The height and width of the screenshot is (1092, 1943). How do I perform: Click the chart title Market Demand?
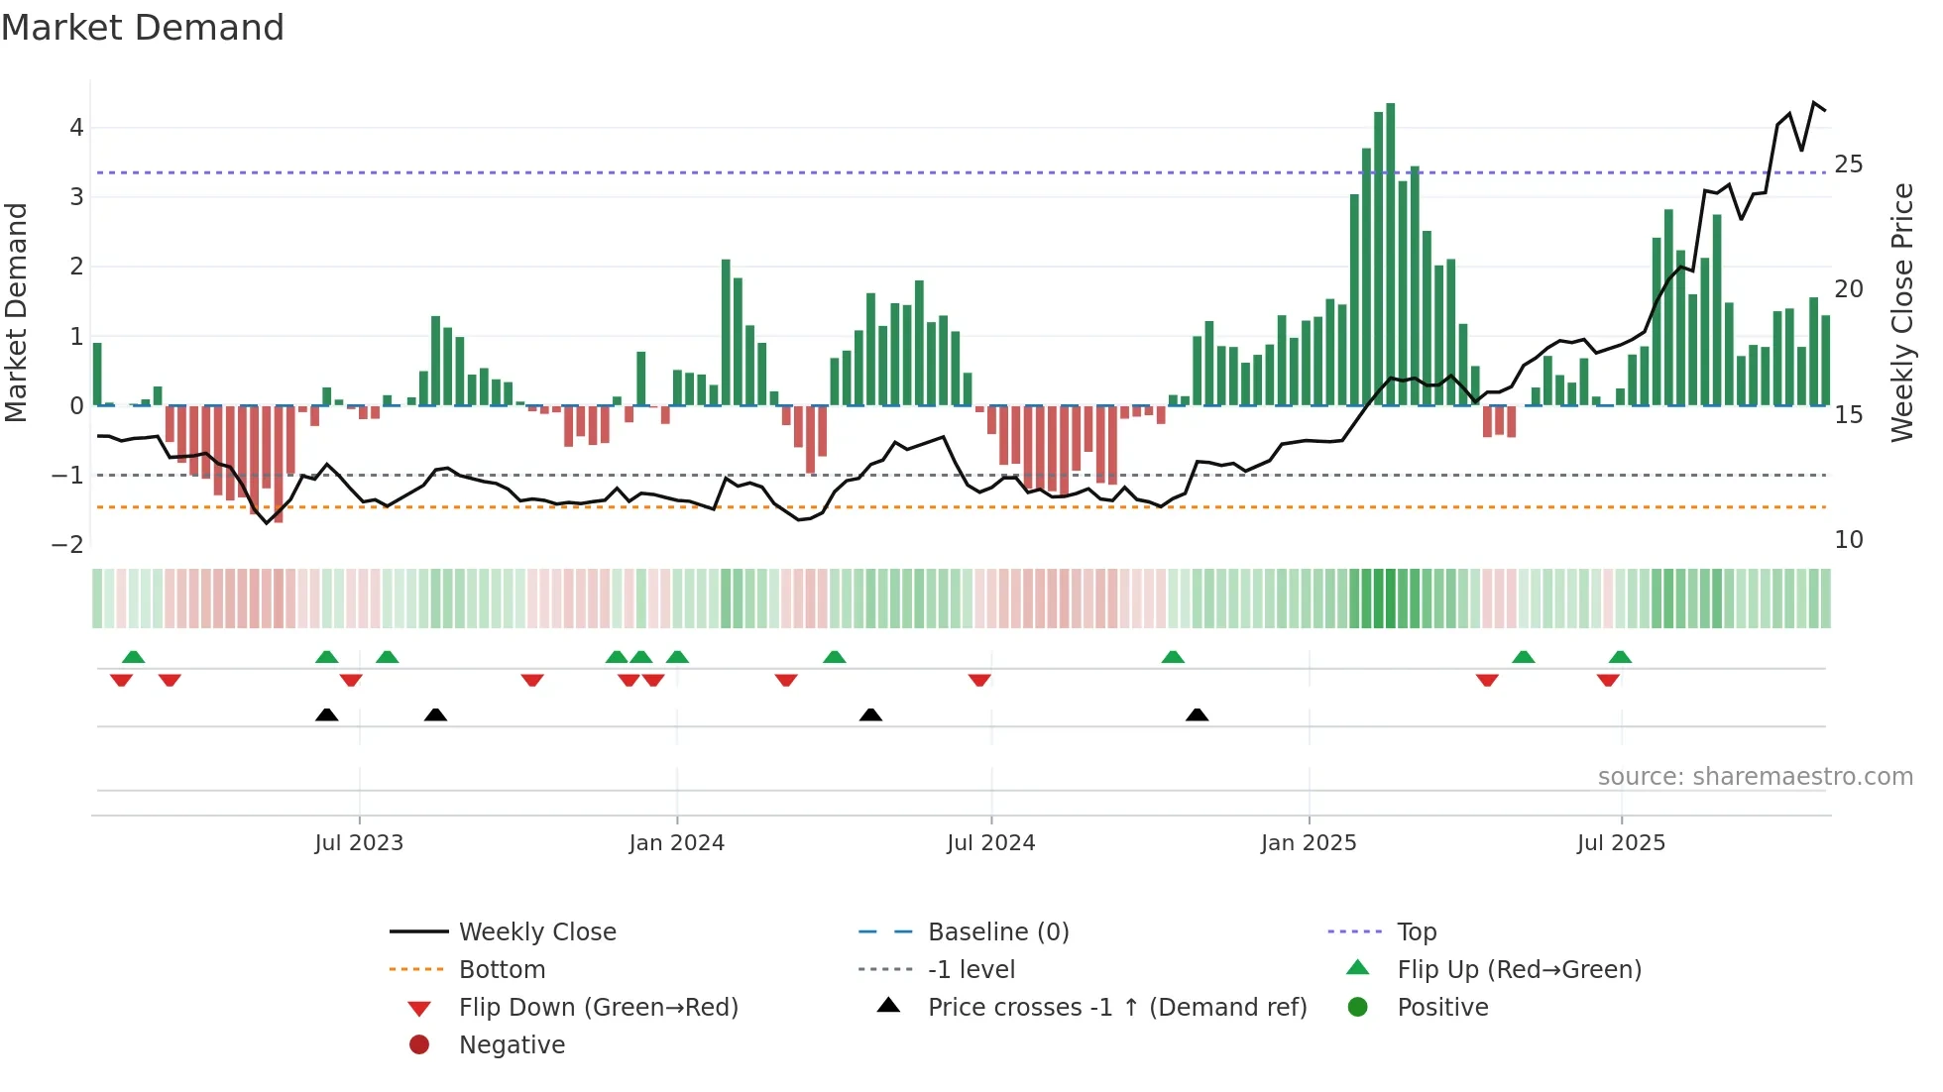click(143, 28)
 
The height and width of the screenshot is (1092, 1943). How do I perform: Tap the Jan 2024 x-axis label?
click(676, 843)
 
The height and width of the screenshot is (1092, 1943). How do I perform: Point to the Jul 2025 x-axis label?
click(1621, 843)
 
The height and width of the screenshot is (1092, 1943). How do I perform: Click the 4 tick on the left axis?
click(76, 128)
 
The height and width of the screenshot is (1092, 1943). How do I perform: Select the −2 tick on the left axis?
click(68, 545)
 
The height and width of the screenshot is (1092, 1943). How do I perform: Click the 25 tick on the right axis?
click(1848, 164)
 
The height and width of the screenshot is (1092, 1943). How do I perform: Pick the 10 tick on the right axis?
click(1848, 540)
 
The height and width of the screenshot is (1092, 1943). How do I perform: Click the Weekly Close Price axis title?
click(1901, 312)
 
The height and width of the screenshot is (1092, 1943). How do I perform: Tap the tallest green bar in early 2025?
click(1391, 254)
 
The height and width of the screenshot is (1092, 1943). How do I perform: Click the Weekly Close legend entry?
click(536, 932)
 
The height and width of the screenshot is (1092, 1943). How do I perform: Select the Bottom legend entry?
click(502, 970)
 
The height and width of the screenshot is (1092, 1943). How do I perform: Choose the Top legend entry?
click(1416, 932)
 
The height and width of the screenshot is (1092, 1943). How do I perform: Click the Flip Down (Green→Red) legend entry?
click(598, 1008)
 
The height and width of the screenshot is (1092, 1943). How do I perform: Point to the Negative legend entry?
click(512, 1045)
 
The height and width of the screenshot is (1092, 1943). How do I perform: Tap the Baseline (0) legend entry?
click(997, 932)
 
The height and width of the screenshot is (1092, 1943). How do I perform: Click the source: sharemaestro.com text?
click(1755, 777)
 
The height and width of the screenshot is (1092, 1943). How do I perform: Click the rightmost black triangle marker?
click(1197, 715)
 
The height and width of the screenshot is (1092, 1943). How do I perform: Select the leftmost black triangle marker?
click(326, 715)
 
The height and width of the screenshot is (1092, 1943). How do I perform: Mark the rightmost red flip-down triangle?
click(1608, 680)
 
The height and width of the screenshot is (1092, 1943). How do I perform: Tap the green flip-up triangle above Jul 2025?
click(1620, 657)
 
